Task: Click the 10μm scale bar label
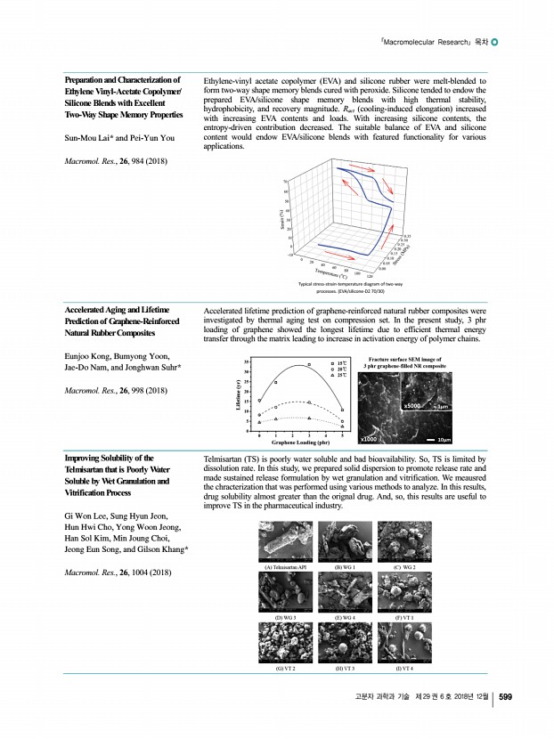point(471,439)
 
